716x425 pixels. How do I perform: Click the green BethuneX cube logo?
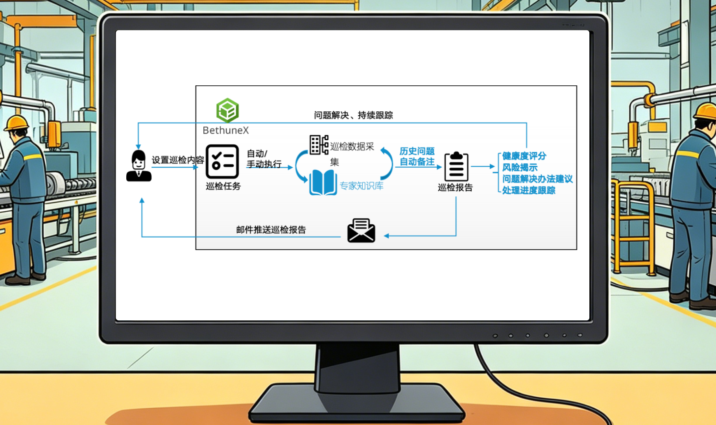coord(227,110)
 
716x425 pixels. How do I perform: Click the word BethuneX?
coord(226,130)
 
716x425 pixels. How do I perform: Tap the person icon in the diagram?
coord(138,166)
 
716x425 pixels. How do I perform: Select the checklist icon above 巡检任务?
coord(222,162)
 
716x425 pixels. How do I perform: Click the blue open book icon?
coord(323,183)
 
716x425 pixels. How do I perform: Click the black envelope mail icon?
coord(361,231)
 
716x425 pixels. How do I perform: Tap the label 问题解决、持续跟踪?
coord(353,115)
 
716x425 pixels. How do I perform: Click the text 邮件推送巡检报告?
coord(271,230)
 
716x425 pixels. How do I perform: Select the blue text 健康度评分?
coord(524,156)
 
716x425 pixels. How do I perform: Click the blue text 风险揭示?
coord(520,167)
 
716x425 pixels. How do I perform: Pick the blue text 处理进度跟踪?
coord(528,190)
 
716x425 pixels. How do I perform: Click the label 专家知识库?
coord(361,186)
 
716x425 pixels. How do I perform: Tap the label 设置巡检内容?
coord(178,160)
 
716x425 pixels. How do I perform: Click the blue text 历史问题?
coord(417,151)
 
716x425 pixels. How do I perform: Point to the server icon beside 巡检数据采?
coord(319,145)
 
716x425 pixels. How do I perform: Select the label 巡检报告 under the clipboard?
coord(455,188)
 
